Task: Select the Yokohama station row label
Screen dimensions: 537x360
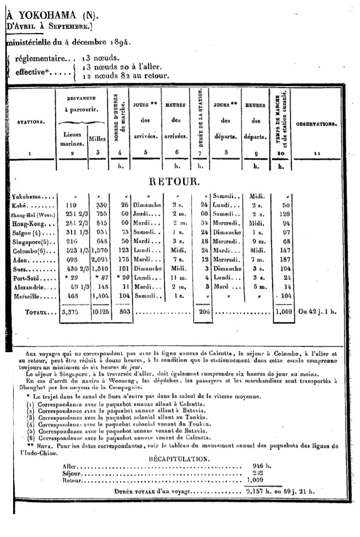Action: click(x=27, y=196)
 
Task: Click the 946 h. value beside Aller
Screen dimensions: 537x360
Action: click(x=261, y=465)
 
